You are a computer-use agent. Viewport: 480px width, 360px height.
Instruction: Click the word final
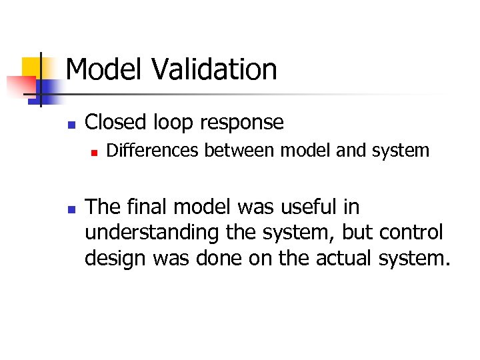(x=150, y=207)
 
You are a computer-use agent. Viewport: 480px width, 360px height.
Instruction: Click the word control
(x=411, y=233)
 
